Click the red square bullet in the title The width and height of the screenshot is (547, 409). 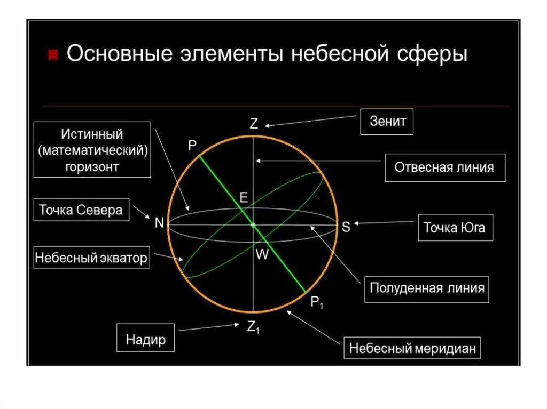[52, 55]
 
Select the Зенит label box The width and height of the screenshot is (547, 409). [387, 122]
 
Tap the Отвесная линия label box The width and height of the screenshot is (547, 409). [444, 167]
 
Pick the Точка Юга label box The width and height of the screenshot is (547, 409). [454, 228]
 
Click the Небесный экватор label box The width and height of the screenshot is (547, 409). [91, 259]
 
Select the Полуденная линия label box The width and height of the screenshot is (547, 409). [427, 289]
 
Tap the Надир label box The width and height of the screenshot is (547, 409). [146, 339]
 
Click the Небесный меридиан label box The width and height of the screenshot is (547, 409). [412, 349]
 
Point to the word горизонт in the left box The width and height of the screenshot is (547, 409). [92, 166]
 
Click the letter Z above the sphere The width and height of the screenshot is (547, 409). [254, 124]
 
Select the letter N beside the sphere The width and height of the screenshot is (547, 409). [159, 224]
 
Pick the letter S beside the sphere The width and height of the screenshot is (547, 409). [346, 227]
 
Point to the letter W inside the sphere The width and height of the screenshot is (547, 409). [262, 255]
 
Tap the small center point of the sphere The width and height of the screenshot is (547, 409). [253, 226]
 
